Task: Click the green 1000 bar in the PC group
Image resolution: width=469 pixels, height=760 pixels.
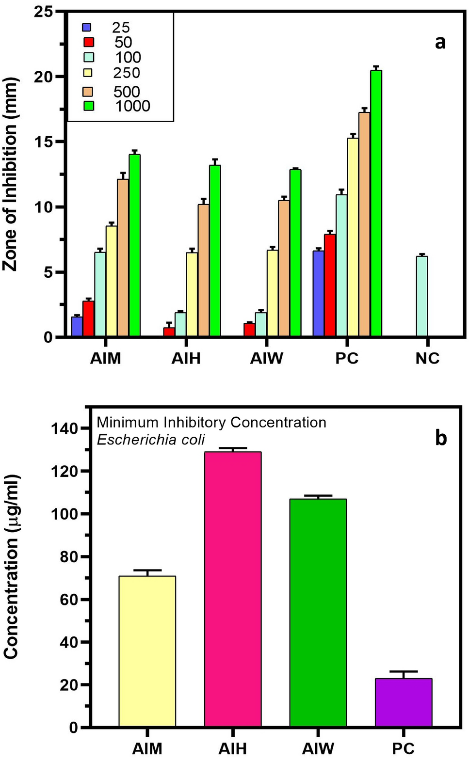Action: [376, 204]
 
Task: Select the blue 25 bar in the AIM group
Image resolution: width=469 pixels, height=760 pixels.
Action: [77, 327]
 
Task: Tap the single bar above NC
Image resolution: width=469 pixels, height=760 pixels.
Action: [422, 297]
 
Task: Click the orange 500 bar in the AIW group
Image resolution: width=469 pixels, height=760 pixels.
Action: [283, 269]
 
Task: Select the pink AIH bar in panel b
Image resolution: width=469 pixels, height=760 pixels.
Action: [233, 589]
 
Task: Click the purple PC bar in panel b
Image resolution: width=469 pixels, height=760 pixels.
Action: [404, 703]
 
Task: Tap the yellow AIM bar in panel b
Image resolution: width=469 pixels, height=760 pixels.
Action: [147, 651]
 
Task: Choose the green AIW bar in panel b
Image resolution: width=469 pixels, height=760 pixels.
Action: [318, 613]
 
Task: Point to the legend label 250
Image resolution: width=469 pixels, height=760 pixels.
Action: [127, 73]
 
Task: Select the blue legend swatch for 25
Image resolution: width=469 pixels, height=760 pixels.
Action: [87, 27]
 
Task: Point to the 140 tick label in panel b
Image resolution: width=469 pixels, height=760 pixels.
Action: [65, 428]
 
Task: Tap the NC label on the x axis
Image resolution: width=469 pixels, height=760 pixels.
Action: [427, 359]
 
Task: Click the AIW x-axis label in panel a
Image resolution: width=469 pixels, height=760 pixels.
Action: [266, 359]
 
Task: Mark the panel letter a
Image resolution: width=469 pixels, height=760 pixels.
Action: [440, 42]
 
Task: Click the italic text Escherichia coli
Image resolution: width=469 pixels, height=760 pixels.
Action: [151, 439]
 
